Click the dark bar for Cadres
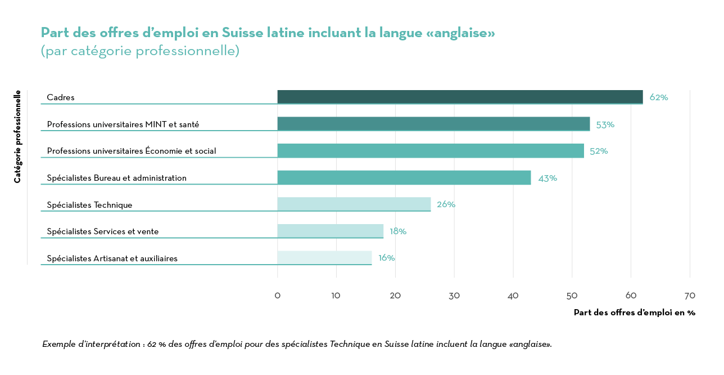tap(460, 97)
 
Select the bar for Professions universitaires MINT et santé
tap(433, 124)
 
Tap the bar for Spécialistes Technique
tap(354, 204)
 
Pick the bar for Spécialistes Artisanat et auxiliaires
tap(324, 258)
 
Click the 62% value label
tap(658, 97)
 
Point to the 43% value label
tap(547, 178)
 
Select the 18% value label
tap(397, 231)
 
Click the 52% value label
tap(599, 151)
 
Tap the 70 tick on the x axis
tap(690, 296)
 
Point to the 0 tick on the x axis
tap(277, 296)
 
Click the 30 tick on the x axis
tap(454, 296)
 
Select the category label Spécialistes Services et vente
tap(102, 231)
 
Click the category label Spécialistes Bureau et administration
tap(116, 178)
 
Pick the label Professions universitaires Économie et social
tap(131, 151)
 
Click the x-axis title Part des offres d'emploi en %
tap(634, 312)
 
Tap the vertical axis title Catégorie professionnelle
tap(18, 136)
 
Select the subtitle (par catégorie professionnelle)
tap(140, 51)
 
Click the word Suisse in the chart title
tap(242, 33)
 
